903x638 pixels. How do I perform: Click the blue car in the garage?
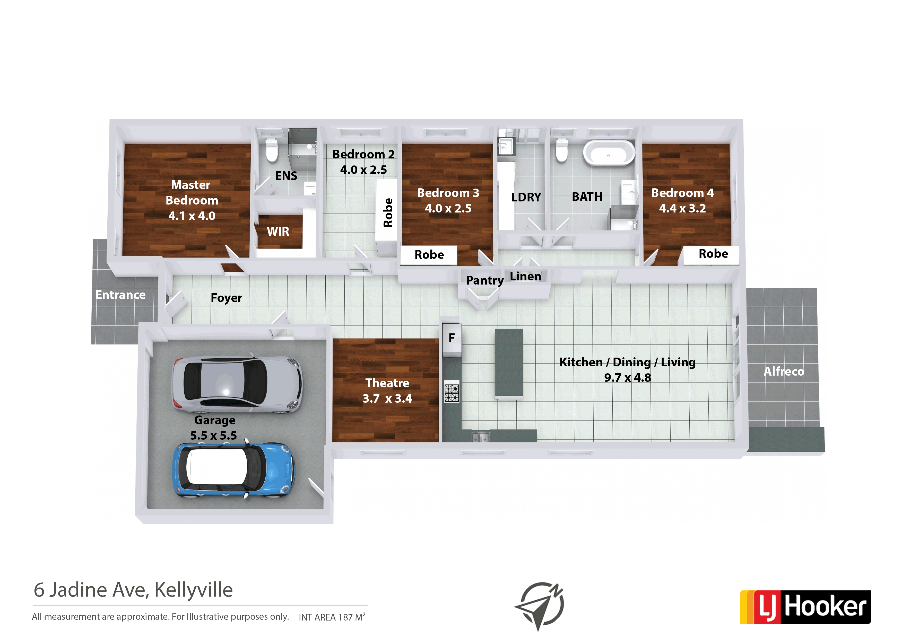click(234, 471)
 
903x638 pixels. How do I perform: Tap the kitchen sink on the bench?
click(481, 436)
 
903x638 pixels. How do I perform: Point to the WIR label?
click(278, 232)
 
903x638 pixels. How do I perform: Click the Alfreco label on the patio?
click(784, 371)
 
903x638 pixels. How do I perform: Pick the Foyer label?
click(227, 298)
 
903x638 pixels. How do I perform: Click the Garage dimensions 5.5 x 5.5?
click(214, 436)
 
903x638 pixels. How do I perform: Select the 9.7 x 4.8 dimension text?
click(628, 378)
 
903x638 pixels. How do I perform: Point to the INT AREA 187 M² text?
click(332, 617)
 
